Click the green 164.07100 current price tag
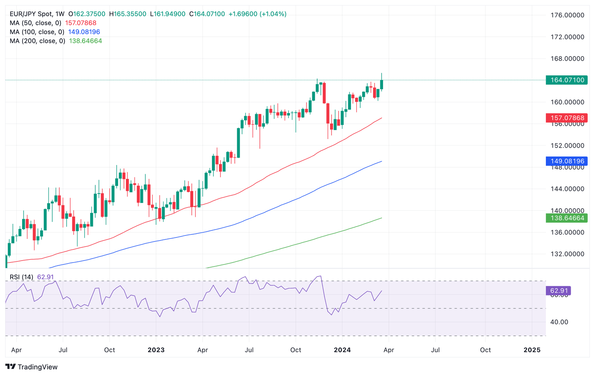click(x=566, y=80)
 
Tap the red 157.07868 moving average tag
click(x=566, y=118)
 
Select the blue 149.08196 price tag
click(x=566, y=161)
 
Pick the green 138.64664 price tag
click(x=566, y=218)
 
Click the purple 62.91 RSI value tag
click(x=558, y=290)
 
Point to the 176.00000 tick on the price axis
click(x=567, y=15)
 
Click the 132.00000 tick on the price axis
click(x=567, y=254)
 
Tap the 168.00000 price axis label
click(x=567, y=58)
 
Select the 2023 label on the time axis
click(x=156, y=350)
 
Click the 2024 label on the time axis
click(x=342, y=350)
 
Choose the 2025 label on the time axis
click(x=532, y=350)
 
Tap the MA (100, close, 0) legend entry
click(x=37, y=32)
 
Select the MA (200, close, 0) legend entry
click(x=38, y=41)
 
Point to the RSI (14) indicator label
click(x=21, y=277)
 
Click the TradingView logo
click(x=32, y=367)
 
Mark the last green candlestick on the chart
click(x=382, y=84)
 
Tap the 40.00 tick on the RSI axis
click(x=559, y=322)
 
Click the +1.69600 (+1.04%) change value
click(x=257, y=14)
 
